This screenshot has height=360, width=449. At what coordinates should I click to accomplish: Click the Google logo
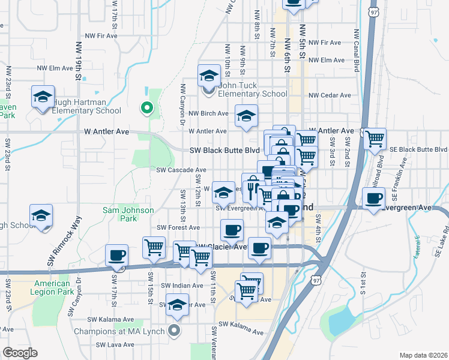(x=20, y=353)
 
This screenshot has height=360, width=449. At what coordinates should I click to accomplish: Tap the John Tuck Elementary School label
(x=252, y=89)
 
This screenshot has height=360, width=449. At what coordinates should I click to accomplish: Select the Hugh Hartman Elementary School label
(x=86, y=106)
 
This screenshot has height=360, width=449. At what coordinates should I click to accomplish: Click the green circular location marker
(x=146, y=108)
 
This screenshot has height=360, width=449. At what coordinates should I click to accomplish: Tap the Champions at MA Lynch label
(x=120, y=331)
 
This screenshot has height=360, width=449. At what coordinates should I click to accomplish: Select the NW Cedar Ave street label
(x=330, y=95)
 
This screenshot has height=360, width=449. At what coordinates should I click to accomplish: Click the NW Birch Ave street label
(x=208, y=113)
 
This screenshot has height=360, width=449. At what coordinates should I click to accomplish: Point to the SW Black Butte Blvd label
(x=224, y=151)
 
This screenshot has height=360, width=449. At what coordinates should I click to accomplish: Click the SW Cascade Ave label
(x=181, y=170)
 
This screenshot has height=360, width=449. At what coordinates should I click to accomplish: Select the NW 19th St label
(x=78, y=59)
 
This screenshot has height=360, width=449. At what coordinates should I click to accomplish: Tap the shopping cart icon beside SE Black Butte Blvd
(x=375, y=139)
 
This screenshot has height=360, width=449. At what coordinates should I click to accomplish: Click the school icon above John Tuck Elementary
(x=209, y=76)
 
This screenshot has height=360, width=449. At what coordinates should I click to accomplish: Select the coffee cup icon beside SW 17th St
(x=116, y=256)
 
